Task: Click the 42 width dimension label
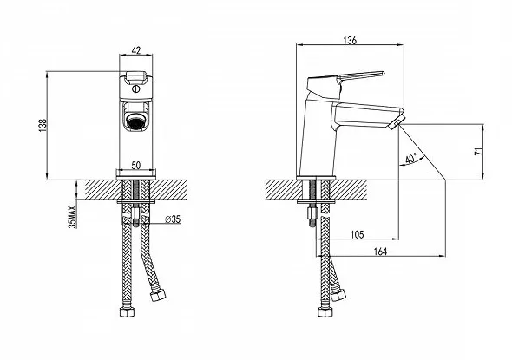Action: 136,50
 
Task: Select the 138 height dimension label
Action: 43,125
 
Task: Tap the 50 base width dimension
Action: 136,165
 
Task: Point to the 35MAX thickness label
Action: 73,217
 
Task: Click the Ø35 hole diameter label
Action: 173,219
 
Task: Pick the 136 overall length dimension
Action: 350,41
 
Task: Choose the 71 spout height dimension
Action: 478,151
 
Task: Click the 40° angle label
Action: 411,159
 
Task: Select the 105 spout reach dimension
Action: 357,234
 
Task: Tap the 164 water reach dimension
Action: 380,252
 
